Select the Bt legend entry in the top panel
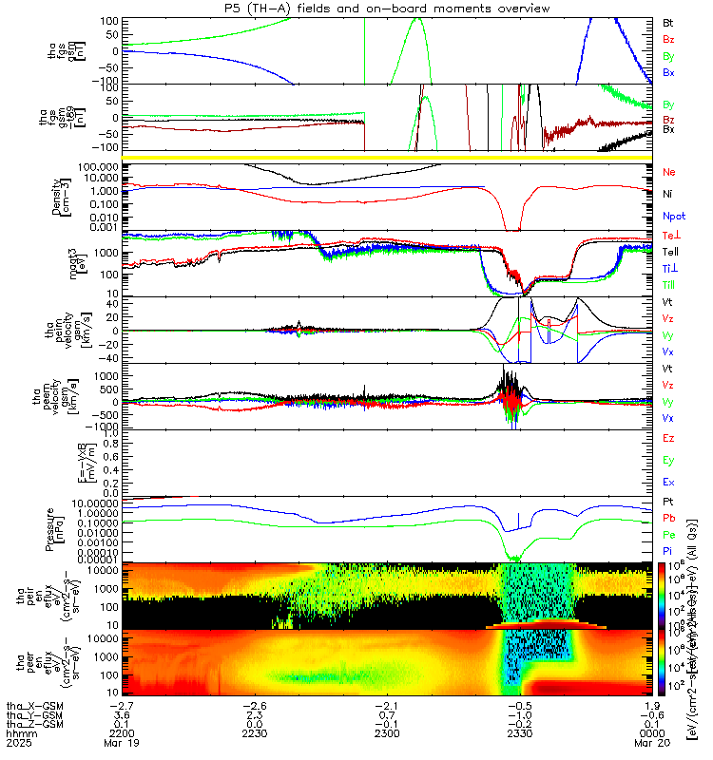(668, 21)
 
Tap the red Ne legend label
(668, 172)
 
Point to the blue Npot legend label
(671, 216)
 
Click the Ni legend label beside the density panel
(668, 194)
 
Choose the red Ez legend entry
(668, 439)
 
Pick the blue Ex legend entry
(668, 483)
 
